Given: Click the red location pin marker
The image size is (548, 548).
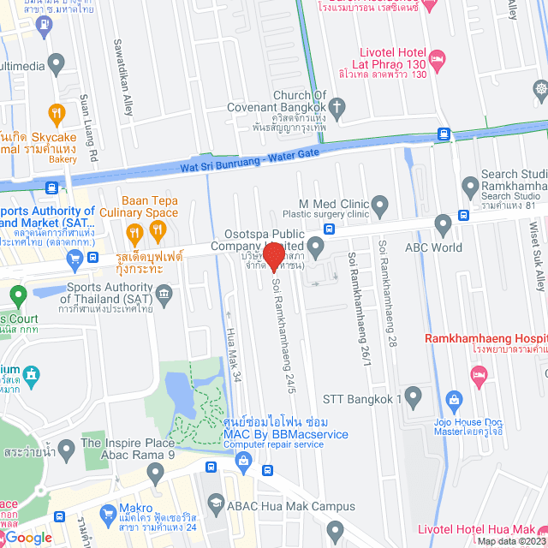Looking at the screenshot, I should pos(273,258).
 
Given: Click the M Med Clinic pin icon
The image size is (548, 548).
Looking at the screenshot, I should pos(380,205).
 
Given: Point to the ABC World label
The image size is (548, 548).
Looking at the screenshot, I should pos(433,248).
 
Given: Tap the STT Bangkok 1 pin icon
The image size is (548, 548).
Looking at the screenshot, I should pos(414,397).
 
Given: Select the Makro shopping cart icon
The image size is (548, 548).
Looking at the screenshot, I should pos(108,514).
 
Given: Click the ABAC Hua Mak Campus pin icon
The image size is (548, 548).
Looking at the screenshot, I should pos(214,505).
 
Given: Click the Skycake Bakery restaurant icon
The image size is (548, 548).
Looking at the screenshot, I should pos(57,112).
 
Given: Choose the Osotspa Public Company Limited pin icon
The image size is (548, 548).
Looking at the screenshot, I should pos(316,249).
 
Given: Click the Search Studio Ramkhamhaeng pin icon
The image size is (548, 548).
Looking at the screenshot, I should pos(469,185).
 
